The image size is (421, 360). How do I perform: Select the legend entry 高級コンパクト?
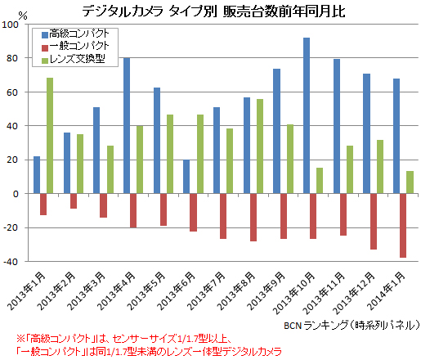[80, 35]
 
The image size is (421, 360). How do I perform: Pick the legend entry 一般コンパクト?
[80, 47]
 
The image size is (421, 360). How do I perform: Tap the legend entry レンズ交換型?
[78, 60]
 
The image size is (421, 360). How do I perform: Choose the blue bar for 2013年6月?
[186, 177]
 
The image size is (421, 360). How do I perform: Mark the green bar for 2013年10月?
[320, 181]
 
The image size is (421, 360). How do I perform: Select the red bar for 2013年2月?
[74, 201]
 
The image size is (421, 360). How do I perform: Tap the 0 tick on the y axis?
[18, 194]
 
